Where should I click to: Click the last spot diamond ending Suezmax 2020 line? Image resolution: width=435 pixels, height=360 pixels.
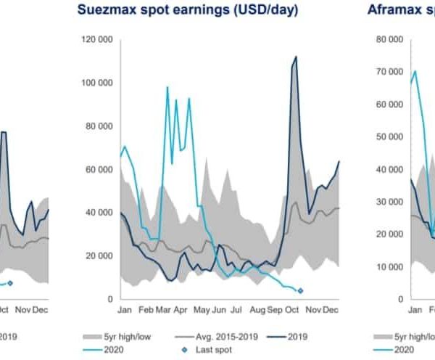coord(300,291)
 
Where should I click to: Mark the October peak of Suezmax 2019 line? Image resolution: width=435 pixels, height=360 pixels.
coord(296,57)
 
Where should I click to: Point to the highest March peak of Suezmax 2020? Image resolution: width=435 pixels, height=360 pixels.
coord(167,87)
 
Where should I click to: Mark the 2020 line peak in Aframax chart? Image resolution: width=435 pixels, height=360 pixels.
coord(414,71)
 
